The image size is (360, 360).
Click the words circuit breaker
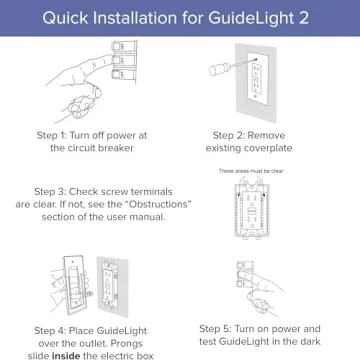[x=105, y=147]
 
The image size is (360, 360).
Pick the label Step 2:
[x=233, y=133]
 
